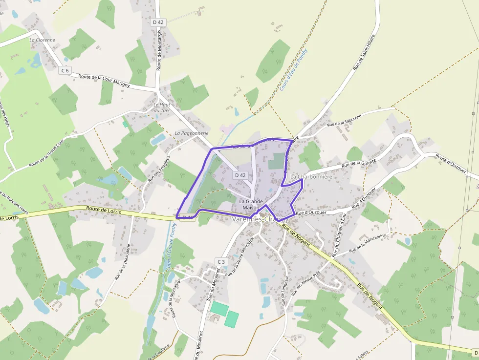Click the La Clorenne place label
click(x=42, y=40)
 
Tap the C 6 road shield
click(x=65, y=71)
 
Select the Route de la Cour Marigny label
click(x=104, y=81)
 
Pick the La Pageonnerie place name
click(x=192, y=133)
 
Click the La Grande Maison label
click(x=251, y=204)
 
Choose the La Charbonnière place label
click(x=311, y=176)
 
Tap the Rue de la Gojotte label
click(x=359, y=164)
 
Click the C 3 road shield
click(x=221, y=262)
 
